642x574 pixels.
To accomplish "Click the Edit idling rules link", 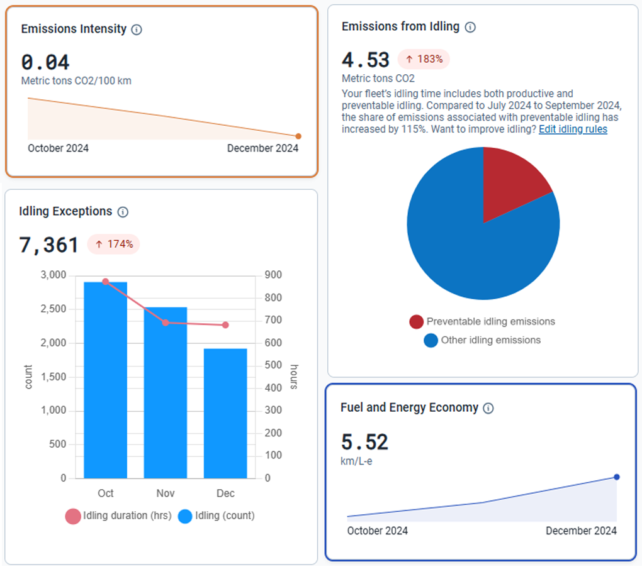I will click(573, 130).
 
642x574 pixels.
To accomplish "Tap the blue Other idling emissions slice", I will click(472, 251).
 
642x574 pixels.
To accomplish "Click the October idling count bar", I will click(106, 380).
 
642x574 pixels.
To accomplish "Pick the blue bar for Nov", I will click(166, 393).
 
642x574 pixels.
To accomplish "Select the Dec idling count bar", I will click(225, 414).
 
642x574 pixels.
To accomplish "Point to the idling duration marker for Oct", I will click(106, 282).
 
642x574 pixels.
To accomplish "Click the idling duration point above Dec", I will click(225, 325).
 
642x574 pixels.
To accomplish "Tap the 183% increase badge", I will click(424, 60).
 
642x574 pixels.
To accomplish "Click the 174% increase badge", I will click(113, 244).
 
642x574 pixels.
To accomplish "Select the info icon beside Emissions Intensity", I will click(137, 30).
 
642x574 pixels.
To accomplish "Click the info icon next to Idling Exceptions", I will click(123, 212).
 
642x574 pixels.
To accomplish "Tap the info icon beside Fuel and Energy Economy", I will click(488, 408).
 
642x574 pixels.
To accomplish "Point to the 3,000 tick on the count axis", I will click(53, 275).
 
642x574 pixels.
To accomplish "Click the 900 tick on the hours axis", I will click(273, 275).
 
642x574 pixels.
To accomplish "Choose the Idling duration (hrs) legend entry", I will click(118, 516).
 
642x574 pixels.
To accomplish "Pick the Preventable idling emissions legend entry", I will click(482, 322).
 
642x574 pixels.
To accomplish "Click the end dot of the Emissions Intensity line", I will click(298, 136).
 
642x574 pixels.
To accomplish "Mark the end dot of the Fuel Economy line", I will click(617, 477).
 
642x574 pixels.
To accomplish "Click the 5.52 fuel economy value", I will click(364, 442).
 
